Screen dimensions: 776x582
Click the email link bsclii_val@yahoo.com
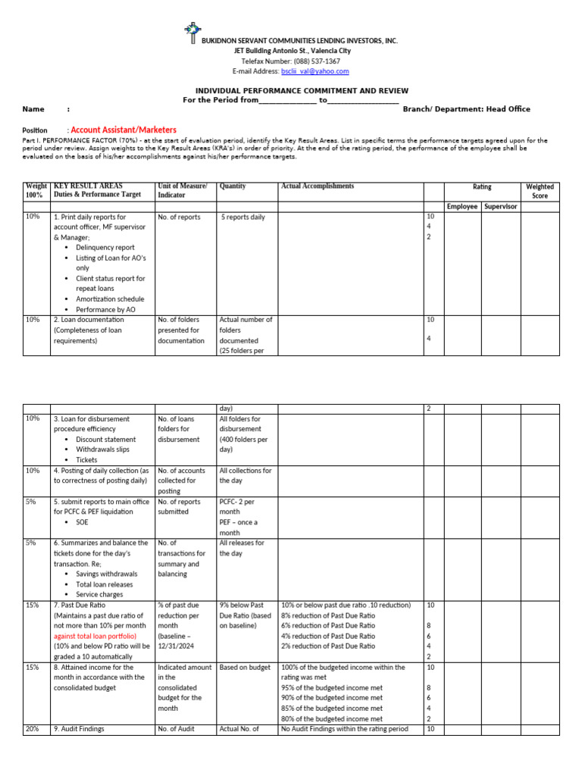pos(315,71)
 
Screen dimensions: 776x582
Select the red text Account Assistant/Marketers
pos(124,130)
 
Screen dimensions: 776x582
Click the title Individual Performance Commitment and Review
pos(291,89)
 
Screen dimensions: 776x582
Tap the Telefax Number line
pos(291,61)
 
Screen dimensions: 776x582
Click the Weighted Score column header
pos(540,191)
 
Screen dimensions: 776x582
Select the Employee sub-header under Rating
pos(462,206)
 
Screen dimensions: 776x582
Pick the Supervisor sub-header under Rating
pos(500,206)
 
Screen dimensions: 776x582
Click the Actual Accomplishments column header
pos(318,186)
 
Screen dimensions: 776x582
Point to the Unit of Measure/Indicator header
pos(182,191)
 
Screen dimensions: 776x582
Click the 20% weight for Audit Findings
pos(33,729)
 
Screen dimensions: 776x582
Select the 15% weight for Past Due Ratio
pos(33,605)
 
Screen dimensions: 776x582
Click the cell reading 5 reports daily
pos(243,217)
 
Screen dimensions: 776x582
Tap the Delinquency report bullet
pos(105,248)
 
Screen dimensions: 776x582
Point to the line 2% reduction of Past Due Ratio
pos(327,646)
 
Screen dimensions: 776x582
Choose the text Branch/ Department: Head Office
pos(466,109)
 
